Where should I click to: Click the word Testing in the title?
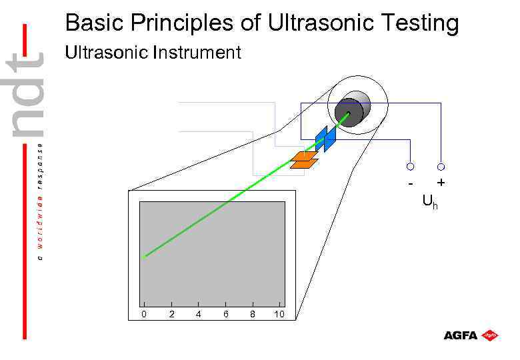pos(419,23)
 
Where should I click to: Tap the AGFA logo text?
pos(461,335)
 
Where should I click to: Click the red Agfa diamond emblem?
pos(491,335)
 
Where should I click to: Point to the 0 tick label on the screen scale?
pos(144,314)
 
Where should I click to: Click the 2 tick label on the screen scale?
pos(171,314)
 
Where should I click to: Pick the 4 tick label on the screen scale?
pos(199,314)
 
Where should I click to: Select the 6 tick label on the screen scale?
pos(225,314)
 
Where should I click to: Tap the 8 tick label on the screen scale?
pos(252,314)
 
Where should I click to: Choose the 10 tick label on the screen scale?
pos(279,314)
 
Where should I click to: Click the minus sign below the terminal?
pos(411,182)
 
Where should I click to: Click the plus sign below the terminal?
pos(441,182)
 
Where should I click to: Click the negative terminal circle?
pos(411,166)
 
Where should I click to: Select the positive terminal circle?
pos(441,166)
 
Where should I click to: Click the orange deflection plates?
pos(305,159)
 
